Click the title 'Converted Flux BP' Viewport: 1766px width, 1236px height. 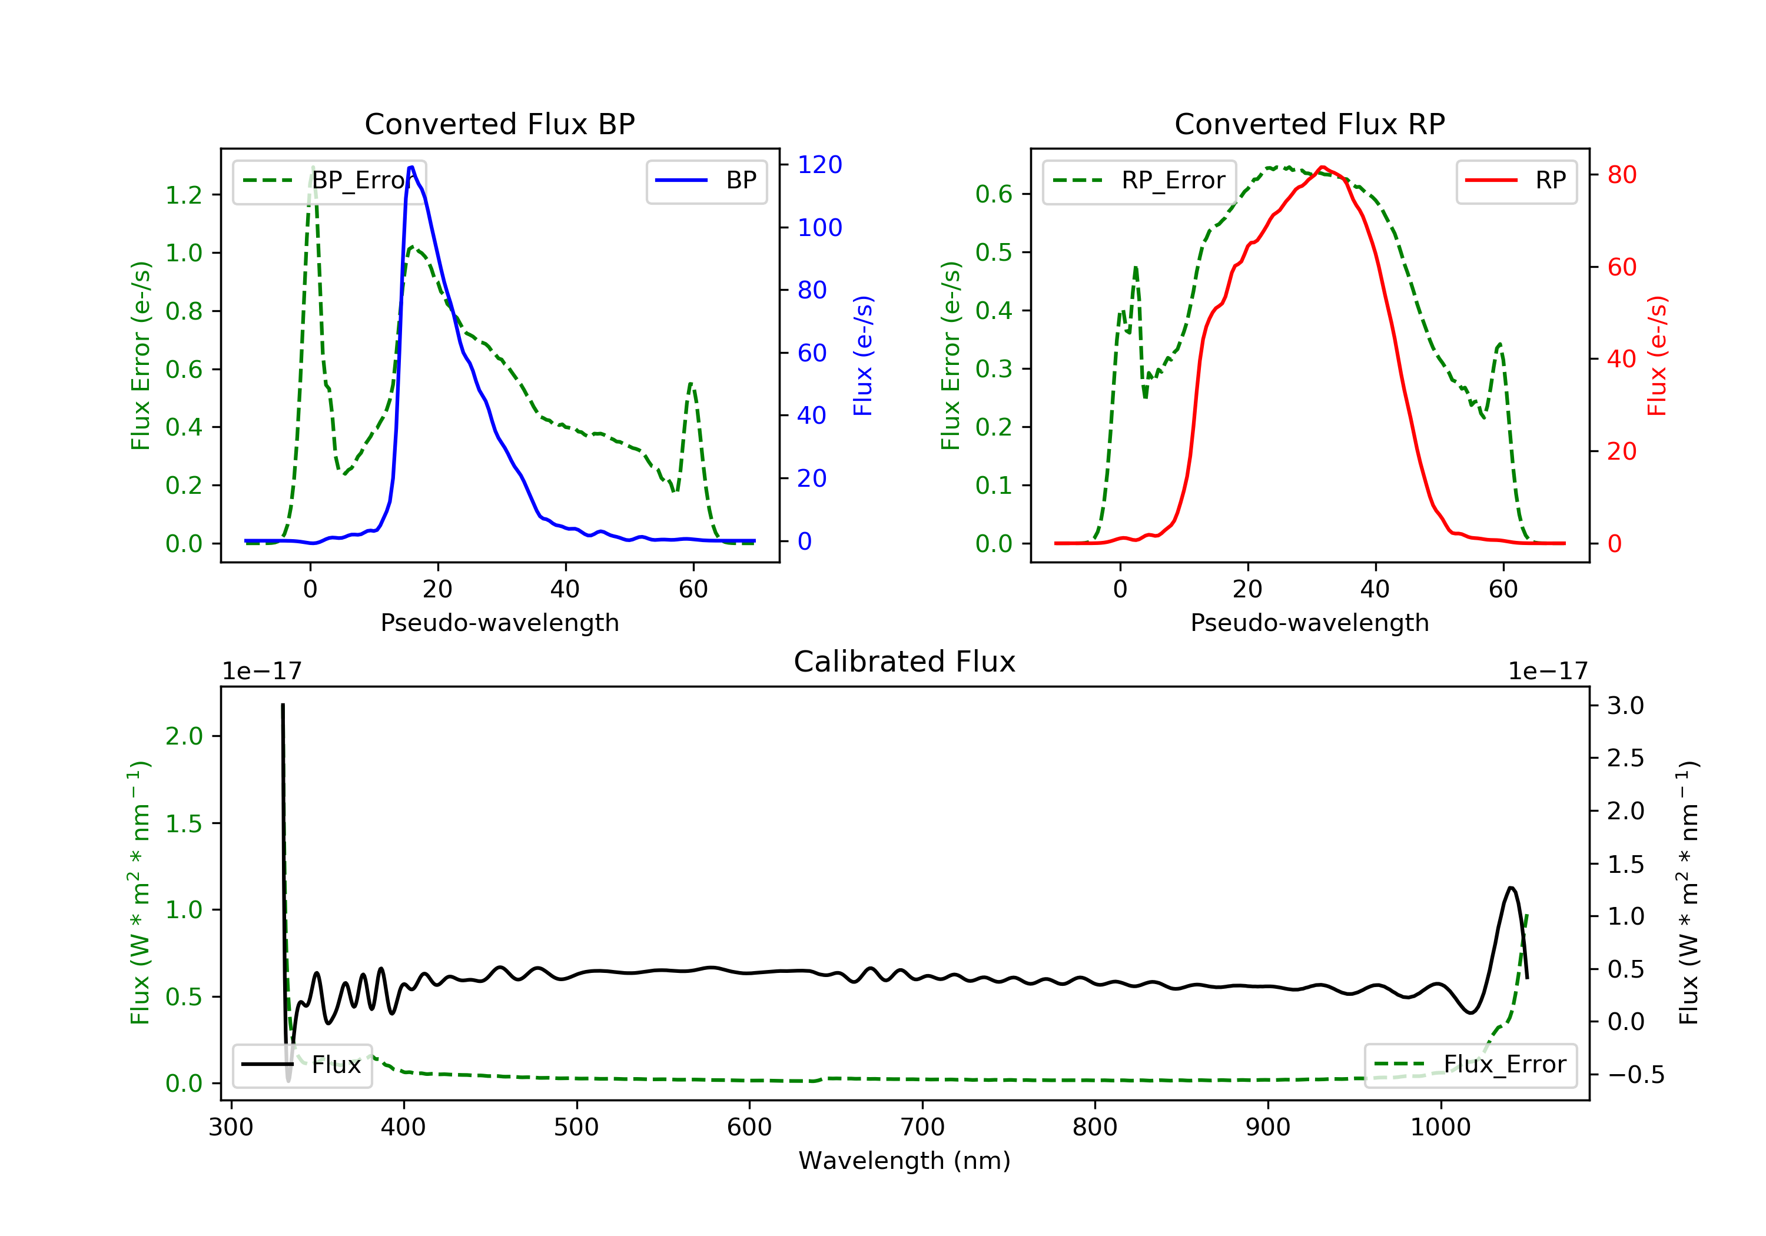(499, 124)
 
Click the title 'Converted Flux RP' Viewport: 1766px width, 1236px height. (1309, 124)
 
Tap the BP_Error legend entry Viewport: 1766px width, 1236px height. (329, 181)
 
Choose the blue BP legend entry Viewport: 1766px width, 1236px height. (706, 181)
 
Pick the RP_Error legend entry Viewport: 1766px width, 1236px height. (1139, 181)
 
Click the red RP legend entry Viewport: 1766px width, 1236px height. (1516, 181)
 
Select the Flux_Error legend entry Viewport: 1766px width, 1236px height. (1470, 1065)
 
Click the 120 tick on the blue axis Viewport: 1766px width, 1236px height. (819, 165)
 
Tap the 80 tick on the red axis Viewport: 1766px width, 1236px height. (1621, 175)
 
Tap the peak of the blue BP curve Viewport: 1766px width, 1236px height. (411, 167)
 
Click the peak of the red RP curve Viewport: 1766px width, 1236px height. (1322, 167)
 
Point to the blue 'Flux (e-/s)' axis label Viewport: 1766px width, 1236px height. (863, 355)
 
